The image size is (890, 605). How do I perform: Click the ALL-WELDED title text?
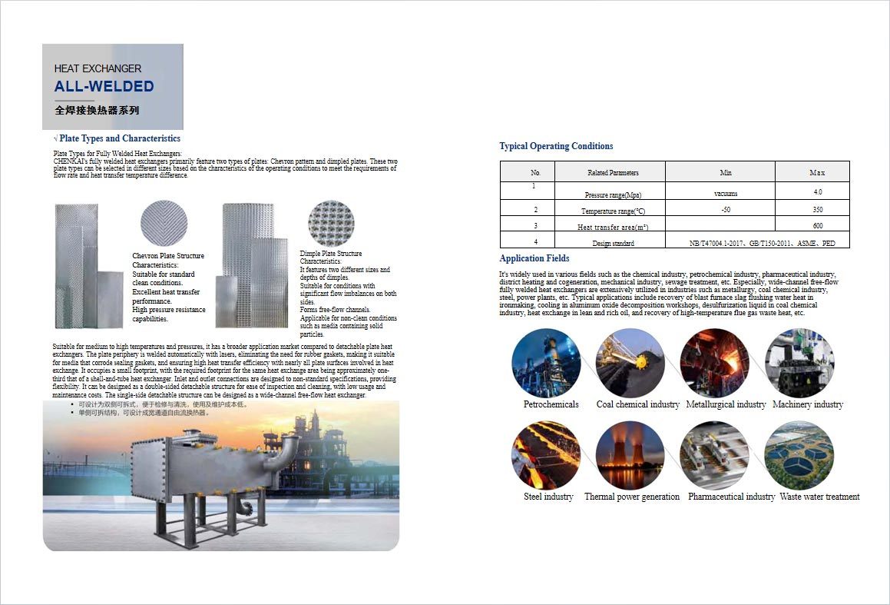(x=104, y=86)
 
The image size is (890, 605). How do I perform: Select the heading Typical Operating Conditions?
(x=556, y=146)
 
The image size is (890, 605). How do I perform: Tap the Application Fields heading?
(x=534, y=258)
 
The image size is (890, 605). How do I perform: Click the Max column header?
(x=816, y=172)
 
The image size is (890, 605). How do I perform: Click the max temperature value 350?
(x=817, y=209)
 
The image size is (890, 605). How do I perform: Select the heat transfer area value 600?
(x=817, y=225)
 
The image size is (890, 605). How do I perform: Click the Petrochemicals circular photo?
(x=546, y=363)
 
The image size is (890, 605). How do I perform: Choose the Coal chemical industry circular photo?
(x=630, y=363)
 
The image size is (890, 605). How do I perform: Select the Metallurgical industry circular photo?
(x=714, y=363)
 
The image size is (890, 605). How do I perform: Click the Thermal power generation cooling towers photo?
(x=630, y=455)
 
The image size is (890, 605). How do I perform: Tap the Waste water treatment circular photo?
(x=799, y=455)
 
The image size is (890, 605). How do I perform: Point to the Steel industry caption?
(x=548, y=497)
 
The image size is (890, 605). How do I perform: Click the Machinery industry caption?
(x=807, y=404)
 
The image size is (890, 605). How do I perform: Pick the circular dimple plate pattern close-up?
(x=331, y=224)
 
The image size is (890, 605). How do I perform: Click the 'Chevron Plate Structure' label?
(x=168, y=256)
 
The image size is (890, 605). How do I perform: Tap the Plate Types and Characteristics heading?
(x=119, y=138)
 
